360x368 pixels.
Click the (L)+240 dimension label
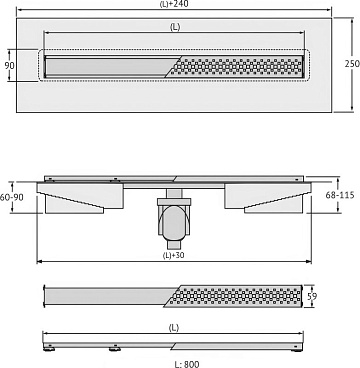click(x=174, y=4)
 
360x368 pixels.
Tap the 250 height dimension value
click(x=352, y=63)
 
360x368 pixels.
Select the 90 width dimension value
click(x=9, y=65)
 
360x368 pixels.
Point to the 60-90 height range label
click(x=12, y=197)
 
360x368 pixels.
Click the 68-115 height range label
click(x=343, y=195)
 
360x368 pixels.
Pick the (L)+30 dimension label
click(x=173, y=256)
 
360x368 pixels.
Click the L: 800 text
click(x=187, y=364)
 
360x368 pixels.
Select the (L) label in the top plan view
click(x=175, y=27)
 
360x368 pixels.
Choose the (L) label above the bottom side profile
click(x=173, y=328)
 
